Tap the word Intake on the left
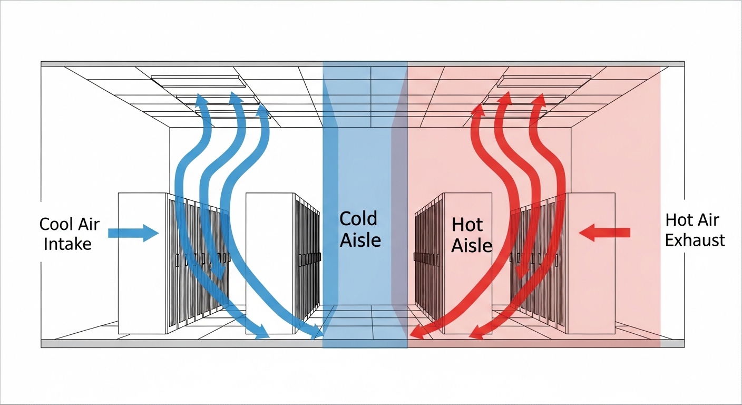[67, 244]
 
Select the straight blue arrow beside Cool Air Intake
[133, 233]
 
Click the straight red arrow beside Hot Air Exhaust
[604, 233]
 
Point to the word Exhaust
[695, 240]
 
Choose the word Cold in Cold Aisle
[358, 219]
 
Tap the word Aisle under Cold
[360, 240]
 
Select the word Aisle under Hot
[472, 246]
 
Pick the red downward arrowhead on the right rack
[522, 273]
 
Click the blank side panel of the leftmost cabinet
[142, 263]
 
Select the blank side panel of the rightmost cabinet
[592, 263]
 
